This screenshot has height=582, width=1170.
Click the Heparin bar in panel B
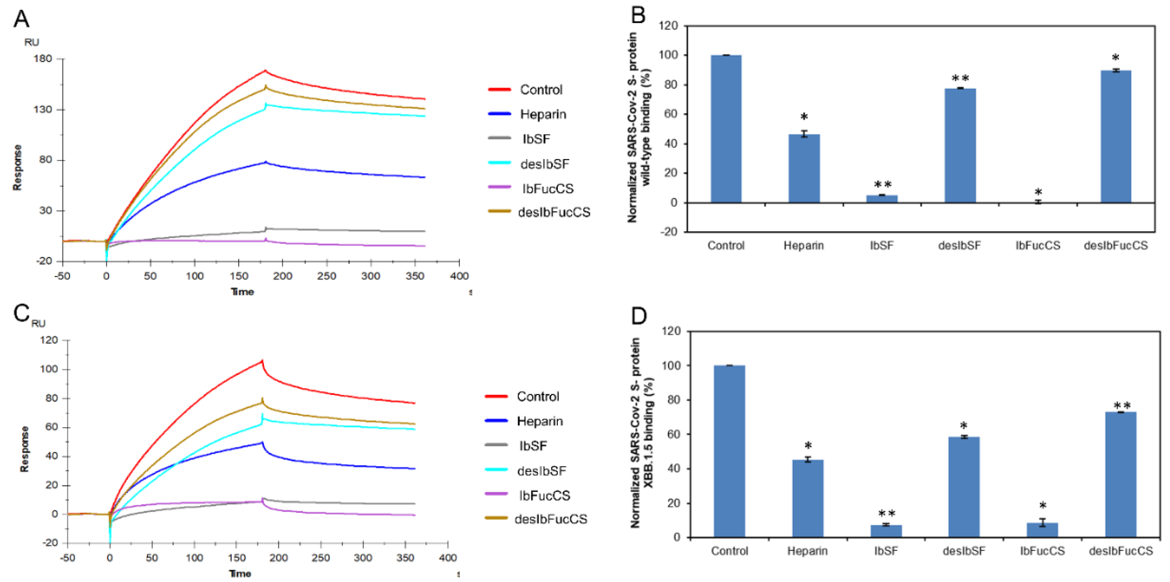click(804, 169)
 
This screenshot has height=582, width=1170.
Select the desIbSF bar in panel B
click(960, 145)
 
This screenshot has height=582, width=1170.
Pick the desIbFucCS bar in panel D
click(1120, 475)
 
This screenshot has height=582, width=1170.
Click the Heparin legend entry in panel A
click(543, 114)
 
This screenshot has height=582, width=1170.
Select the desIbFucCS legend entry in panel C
click(550, 519)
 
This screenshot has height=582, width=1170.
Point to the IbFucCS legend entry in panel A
click(547, 188)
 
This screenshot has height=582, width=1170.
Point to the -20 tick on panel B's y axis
click(668, 232)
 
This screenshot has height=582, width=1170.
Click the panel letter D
click(639, 315)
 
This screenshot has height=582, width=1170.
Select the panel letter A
click(21, 19)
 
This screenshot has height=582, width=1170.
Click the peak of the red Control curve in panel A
click(265, 70)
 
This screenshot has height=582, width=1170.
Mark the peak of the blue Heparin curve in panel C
click(262, 442)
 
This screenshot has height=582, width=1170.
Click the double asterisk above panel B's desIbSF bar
click(960, 78)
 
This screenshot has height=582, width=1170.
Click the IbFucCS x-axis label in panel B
click(1037, 246)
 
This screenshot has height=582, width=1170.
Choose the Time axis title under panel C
click(240, 573)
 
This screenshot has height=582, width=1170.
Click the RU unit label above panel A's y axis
click(32, 42)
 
